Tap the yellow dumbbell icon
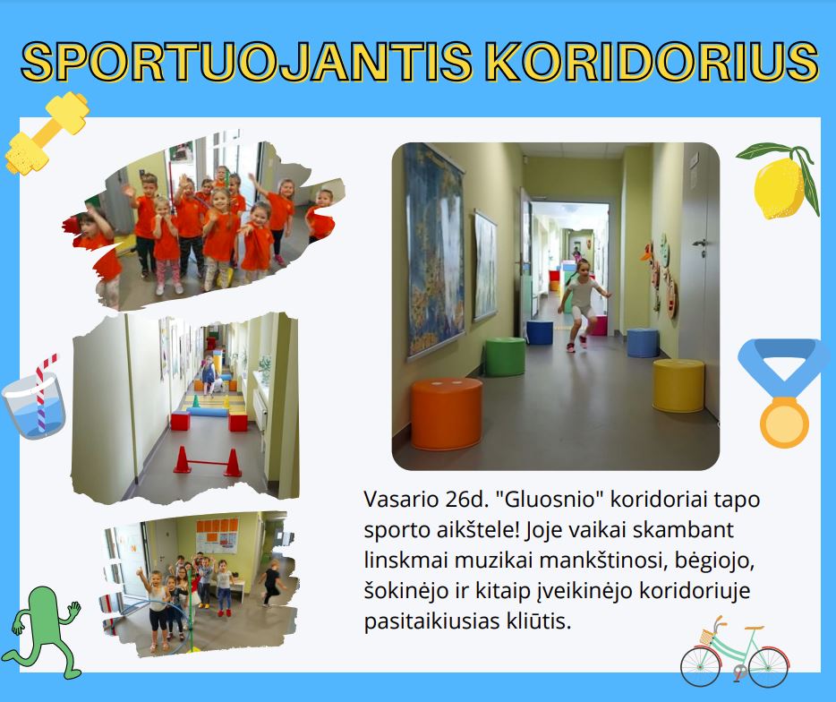click(47, 133)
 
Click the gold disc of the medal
click(784, 423)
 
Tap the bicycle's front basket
click(707, 637)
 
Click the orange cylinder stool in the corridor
click(447, 414)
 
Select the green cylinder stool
click(504, 356)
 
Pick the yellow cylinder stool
click(678, 385)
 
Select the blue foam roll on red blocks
click(208, 412)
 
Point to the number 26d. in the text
click(466, 500)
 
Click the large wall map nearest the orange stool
click(434, 251)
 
